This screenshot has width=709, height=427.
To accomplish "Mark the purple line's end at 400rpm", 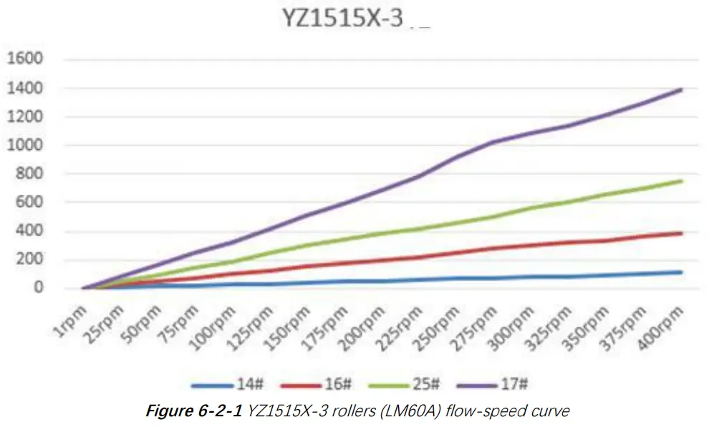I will pos(681,90).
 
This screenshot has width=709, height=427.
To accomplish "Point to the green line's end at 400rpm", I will pos(681,181).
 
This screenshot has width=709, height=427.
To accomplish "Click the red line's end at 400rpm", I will pos(681,233).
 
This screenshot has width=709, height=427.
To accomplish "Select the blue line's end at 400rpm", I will pos(681,272).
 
